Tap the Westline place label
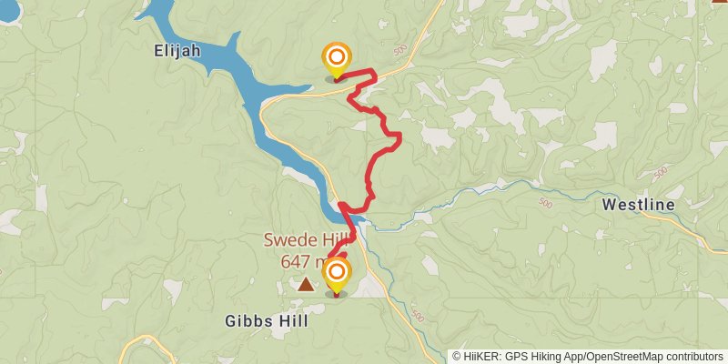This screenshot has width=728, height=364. [x=639, y=206]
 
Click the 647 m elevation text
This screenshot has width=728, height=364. [x=301, y=261]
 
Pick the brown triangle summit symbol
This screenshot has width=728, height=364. [x=306, y=285]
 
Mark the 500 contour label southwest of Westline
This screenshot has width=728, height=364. [x=543, y=202]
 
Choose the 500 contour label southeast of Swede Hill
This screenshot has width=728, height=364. [x=417, y=315]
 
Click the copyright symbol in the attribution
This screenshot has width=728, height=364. [x=457, y=357]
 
